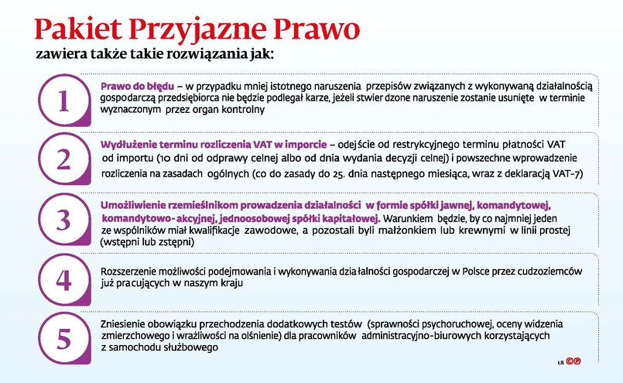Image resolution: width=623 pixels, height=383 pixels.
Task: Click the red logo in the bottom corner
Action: pyautogui.click(x=573, y=361)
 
